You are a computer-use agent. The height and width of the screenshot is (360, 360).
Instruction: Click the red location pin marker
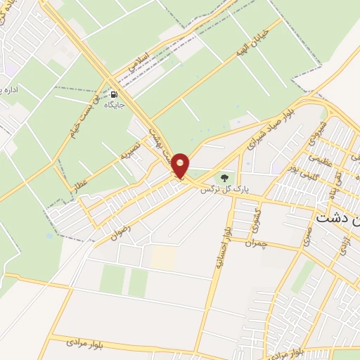[x=181, y=166]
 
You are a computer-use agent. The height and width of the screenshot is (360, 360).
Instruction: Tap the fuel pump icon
[x=114, y=94]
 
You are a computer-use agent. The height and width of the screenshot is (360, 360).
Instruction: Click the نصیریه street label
[x=131, y=150]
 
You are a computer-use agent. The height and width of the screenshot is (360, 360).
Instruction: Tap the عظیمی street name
[x=321, y=157]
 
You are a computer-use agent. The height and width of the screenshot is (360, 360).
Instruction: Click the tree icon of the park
[x=224, y=178]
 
